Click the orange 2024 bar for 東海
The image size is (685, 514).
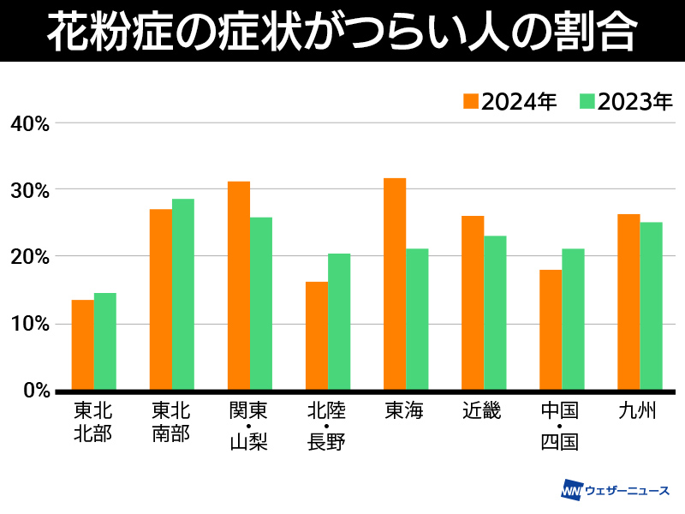(x=395, y=284)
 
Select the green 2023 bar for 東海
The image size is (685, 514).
(x=417, y=320)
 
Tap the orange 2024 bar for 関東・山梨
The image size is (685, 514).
(x=239, y=286)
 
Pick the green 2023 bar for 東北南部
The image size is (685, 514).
(x=183, y=295)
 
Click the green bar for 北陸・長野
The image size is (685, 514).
(x=339, y=322)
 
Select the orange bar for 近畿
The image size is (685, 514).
(x=473, y=303)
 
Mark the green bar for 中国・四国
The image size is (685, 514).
(x=573, y=320)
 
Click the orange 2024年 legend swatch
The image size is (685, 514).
(x=471, y=101)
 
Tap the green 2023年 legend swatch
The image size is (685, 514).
(x=587, y=101)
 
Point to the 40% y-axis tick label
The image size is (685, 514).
(x=30, y=123)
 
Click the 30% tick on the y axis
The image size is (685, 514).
(x=30, y=190)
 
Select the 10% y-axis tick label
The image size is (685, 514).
(x=30, y=324)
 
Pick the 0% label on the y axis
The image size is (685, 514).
(x=35, y=391)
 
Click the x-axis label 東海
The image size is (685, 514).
(x=405, y=411)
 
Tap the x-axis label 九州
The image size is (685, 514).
(x=639, y=411)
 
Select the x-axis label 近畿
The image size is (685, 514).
(x=483, y=411)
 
